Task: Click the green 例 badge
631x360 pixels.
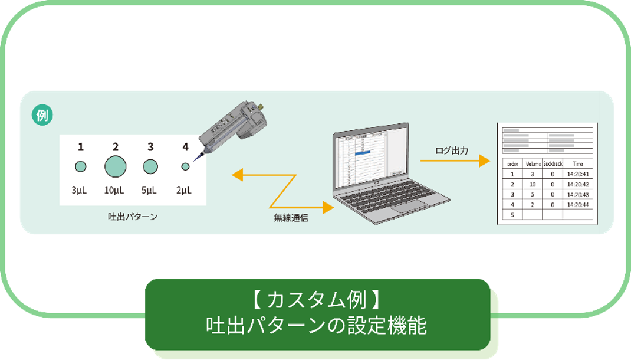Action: click(42, 115)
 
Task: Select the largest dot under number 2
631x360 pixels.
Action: click(116, 166)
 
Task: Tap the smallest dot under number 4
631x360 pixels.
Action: click(185, 167)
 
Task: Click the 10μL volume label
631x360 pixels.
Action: click(115, 190)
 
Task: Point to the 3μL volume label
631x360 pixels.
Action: click(80, 190)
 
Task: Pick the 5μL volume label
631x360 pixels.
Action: click(150, 190)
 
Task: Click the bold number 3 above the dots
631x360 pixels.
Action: click(150, 147)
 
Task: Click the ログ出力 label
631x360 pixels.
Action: click(452, 150)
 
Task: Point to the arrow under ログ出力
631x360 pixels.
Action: click(455, 161)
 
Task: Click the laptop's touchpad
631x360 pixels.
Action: click(410, 206)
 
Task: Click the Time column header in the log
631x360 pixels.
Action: click(577, 163)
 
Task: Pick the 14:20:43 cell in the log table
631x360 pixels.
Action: click(578, 194)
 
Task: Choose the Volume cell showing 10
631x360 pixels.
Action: click(533, 184)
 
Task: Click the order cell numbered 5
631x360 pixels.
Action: click(512, 215)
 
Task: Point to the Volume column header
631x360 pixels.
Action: click(533, 163)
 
